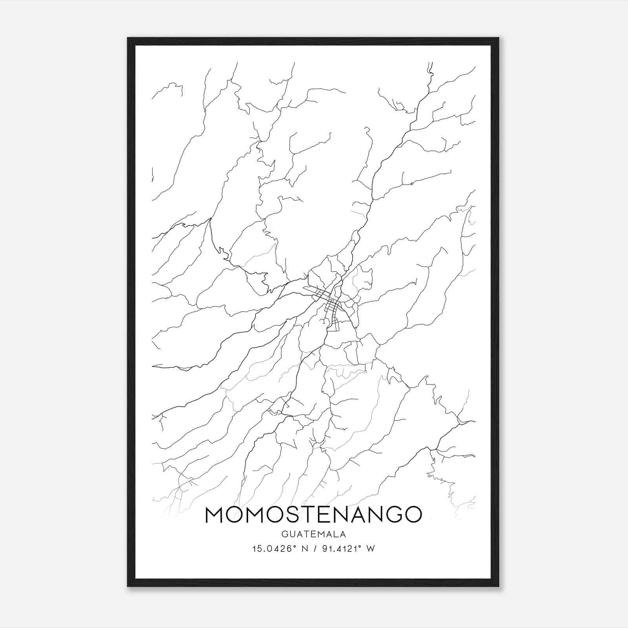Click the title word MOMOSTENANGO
click(x=313, y=515)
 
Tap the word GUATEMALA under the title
click(x=313, y=534)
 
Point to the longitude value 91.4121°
click(x=342, y=549)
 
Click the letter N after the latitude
click(x=303, y=549)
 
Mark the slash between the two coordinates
click(x=314, y=549)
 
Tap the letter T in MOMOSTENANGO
click(x=313, y=515)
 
